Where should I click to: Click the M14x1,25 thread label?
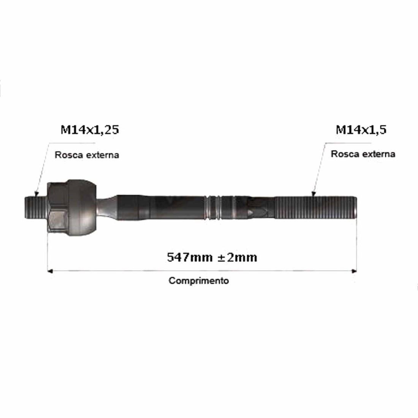tap(90, 130)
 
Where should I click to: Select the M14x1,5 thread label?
tap(361, 130)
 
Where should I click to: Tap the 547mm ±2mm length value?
tap(212, 257)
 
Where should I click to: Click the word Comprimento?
tap(199, 281)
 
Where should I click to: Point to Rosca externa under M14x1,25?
tap(87, 155)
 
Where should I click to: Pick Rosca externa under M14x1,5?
tap(363, 154)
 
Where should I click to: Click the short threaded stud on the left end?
tap(36, 207)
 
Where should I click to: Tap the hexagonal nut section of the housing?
tap(57, 207)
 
